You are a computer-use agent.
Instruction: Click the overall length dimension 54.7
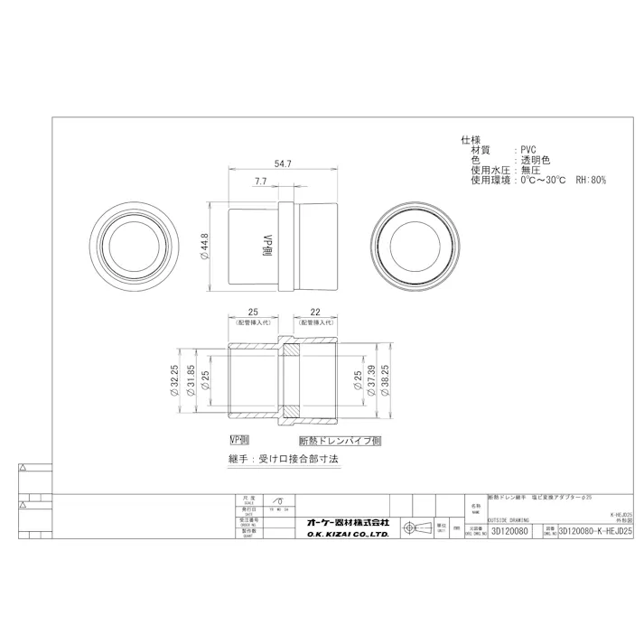coord(282,163)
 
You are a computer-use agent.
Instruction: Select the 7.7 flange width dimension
coord(260,182)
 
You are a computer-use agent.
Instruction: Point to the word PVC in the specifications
coord(529,150)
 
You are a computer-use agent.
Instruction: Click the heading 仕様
coord(471,140)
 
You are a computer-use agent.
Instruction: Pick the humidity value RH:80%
coord(588,180)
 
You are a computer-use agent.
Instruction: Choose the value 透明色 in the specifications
coord(535,160)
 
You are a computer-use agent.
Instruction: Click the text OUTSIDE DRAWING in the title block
coord(509,520)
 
